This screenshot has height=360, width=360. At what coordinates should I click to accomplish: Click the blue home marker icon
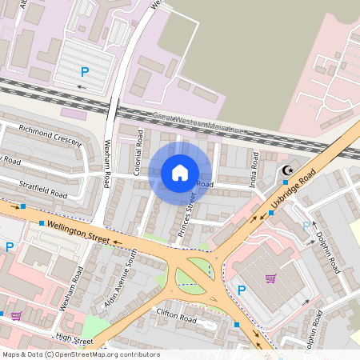(180, 173)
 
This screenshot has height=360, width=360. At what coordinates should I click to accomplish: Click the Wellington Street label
(78, 232)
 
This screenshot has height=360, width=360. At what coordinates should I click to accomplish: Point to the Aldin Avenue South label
(121, 278)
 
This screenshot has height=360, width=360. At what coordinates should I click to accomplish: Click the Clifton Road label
(177, 318)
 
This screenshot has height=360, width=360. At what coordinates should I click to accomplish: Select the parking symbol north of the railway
(84, 72)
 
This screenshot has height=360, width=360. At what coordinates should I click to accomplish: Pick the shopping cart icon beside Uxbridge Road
(270, 278)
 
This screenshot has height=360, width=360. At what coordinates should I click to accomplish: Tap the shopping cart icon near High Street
(16, 315)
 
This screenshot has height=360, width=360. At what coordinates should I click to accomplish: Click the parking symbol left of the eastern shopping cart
(241, 290)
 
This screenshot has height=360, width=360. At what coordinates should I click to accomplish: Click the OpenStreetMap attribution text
(80, 354)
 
